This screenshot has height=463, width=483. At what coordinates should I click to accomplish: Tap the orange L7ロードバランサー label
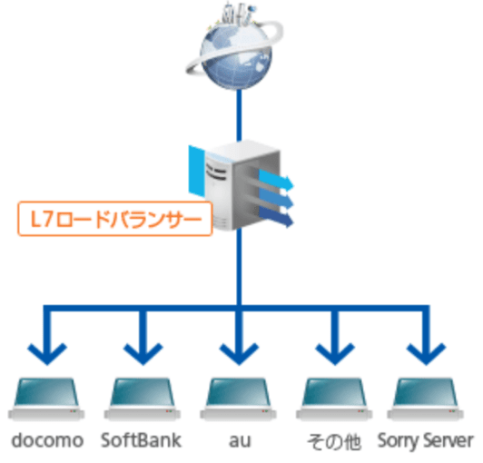pos(115,219)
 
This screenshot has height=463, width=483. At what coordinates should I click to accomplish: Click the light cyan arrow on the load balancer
pos(276,180)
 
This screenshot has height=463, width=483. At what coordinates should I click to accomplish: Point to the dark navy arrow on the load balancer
pos(276,217)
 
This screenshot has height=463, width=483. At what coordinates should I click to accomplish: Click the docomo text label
pos(47,440)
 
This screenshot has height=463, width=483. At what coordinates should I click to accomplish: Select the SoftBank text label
pos(141,440)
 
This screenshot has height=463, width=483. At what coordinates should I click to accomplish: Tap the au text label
pos(240,441)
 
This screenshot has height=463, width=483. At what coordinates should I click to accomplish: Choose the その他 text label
pos(334,442)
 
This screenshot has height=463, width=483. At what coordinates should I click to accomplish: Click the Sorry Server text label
pos(426,441)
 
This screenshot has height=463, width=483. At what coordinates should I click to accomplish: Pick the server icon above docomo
pos(46,399)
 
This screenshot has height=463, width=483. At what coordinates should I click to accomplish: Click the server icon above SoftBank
pos(143,399)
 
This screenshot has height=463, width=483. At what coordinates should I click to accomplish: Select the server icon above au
pos(238,399)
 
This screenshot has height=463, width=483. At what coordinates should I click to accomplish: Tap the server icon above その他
pos(334,399)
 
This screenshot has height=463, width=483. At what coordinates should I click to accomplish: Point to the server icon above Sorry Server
pos(426,399)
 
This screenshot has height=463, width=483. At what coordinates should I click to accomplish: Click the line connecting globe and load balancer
pos(239,115)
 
